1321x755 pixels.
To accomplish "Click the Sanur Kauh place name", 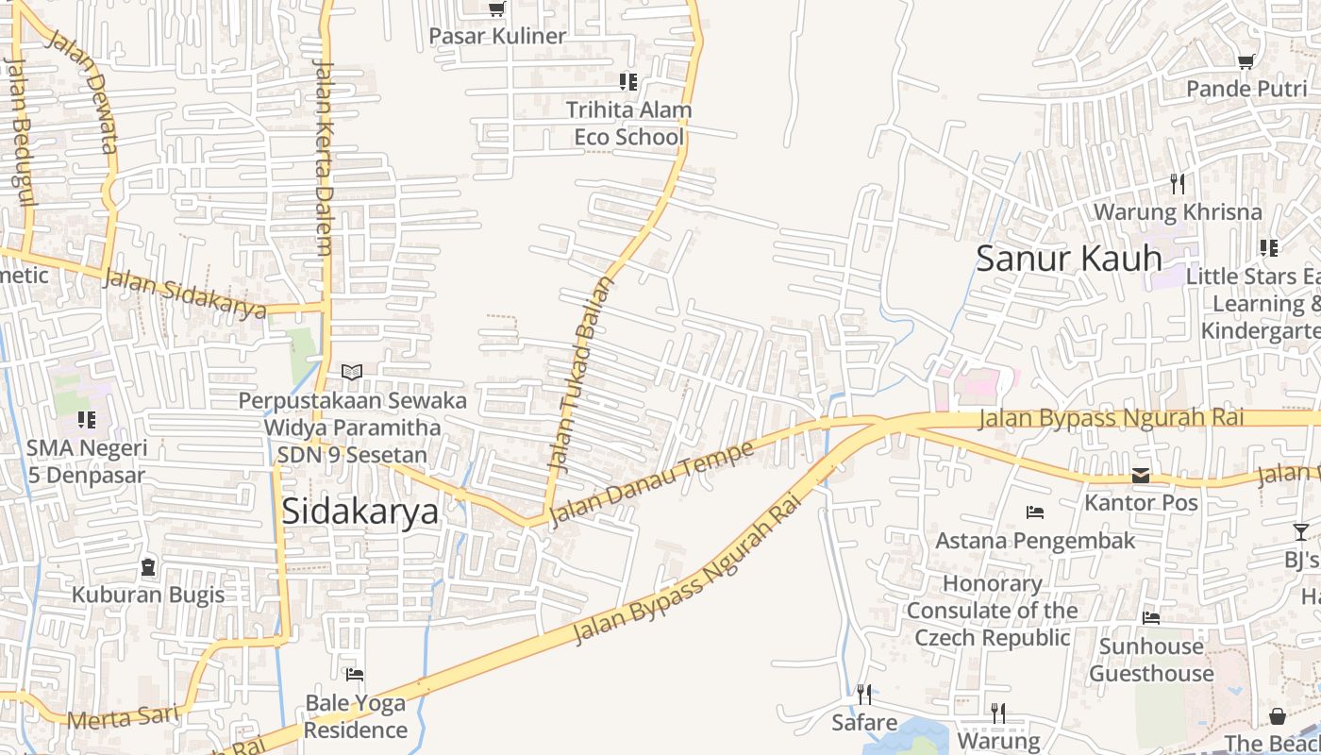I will (x=1068, y=258).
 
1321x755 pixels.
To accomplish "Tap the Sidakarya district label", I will (x=360, y=511).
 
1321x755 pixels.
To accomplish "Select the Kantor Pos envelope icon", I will (x=1141, y=476).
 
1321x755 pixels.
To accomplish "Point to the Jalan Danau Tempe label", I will (x=651, y=482).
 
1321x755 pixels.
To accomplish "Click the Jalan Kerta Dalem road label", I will (x=323, y=158).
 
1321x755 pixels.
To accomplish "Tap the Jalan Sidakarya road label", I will (x=185, y=294).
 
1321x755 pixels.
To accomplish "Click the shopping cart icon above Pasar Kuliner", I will (x=496, y=9).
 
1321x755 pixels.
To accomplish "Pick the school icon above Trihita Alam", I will (x=627, y=82).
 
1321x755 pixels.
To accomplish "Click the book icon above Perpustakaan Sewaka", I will (x=352, y=373).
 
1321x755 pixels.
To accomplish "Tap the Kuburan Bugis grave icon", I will (x=148, y=567).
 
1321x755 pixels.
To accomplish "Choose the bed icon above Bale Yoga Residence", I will (x=355, y=675).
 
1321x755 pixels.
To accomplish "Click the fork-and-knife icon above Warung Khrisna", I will (x=1177, y=183).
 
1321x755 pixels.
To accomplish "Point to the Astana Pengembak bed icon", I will (x=1035, y=512).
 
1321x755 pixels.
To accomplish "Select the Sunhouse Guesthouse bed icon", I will (x=1151, y=618).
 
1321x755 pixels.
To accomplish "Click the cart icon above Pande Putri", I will (x=1246, y=61).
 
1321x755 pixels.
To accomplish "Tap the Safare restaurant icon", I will (x=864, y=695).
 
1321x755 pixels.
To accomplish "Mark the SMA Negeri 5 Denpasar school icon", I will (x=87, y=419).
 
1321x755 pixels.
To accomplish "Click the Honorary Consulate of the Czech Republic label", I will (x=992, y=611).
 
